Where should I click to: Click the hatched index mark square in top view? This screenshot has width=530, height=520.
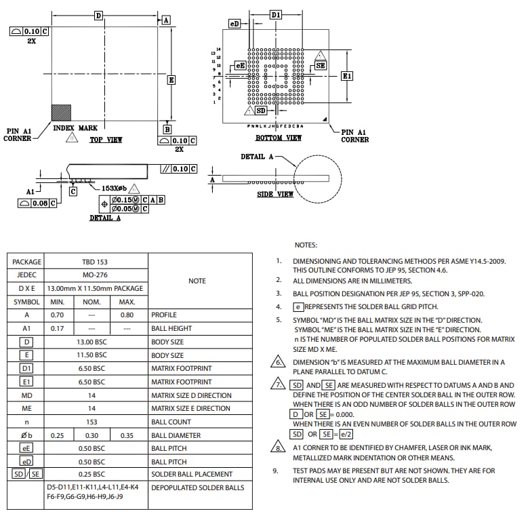61,113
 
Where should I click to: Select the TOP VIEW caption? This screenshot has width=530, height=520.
106,140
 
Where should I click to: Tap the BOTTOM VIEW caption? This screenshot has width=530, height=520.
278,138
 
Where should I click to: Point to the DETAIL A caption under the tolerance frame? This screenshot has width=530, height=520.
105,218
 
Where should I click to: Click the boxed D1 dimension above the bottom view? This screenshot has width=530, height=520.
276,14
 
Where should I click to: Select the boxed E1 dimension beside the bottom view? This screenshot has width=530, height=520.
346,76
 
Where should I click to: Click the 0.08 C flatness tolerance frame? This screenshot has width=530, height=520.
34,203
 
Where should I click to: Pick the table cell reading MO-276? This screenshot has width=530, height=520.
95,275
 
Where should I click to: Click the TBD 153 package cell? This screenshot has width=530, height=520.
95,262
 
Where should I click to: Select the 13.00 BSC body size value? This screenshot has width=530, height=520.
95,342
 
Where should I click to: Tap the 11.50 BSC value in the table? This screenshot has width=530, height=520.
95,355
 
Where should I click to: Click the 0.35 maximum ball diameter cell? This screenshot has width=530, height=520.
127,435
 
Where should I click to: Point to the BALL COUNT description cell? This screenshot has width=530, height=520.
171,422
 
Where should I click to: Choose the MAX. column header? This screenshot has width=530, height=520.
127,302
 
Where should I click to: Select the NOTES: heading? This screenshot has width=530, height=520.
306,245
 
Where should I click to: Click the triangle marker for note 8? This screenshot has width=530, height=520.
277,448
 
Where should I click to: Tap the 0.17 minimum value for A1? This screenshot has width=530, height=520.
57,328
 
